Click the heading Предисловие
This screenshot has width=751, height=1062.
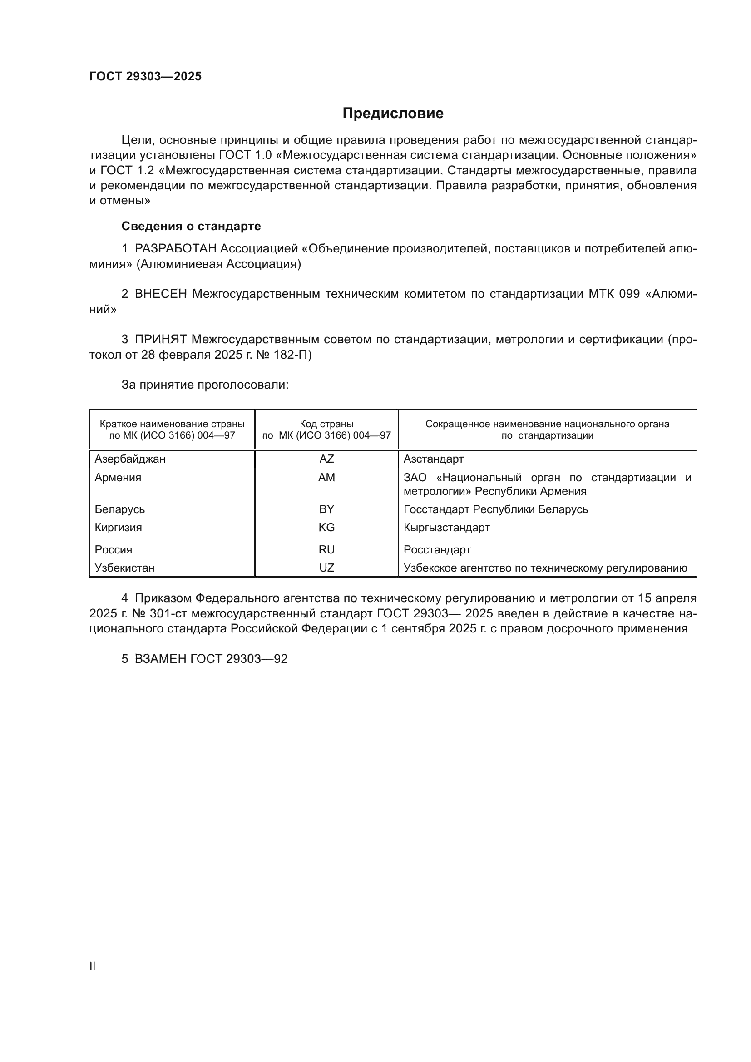[393, 114]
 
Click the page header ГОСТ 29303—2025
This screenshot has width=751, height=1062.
[146, 76]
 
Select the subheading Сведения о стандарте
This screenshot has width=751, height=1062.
[191, 226]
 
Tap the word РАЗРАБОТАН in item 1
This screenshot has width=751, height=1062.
[175, 249]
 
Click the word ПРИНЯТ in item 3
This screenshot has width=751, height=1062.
[160, 340]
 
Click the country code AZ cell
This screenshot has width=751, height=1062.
[326, 459]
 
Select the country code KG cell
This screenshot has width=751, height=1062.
[326, 528]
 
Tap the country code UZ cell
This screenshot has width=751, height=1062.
[326, 568]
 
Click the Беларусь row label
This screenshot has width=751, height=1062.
[120, 510]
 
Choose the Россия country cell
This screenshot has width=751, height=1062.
[114, 550]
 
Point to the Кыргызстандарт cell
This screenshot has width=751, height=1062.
[446, 528]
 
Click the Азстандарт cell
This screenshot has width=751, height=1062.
[433, 459]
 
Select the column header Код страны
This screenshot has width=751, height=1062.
[326, 424]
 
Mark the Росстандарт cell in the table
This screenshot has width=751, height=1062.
[437, 550]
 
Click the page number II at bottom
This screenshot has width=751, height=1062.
[93, 966]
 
